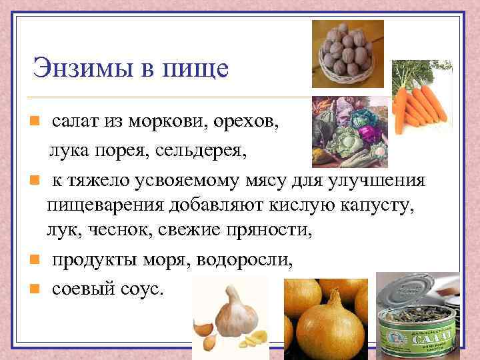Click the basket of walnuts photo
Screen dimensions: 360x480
[x=348, y=53]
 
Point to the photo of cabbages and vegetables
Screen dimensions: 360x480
[x=350, y=131]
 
